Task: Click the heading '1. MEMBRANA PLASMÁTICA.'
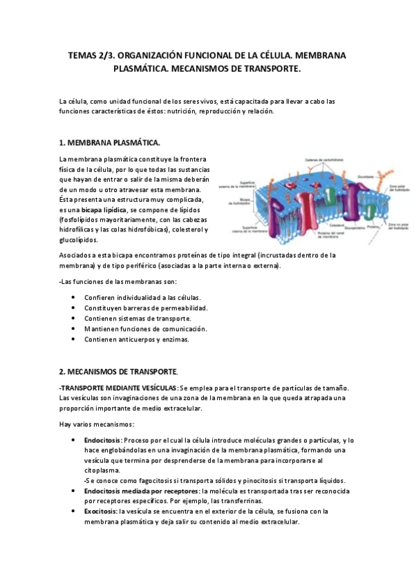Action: point(110,143)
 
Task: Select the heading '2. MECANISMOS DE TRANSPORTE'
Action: point(118,371)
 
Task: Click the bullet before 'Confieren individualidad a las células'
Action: point(74,297)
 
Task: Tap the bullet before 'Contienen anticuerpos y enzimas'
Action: point(74,339)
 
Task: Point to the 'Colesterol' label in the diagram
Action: point(337,225)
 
